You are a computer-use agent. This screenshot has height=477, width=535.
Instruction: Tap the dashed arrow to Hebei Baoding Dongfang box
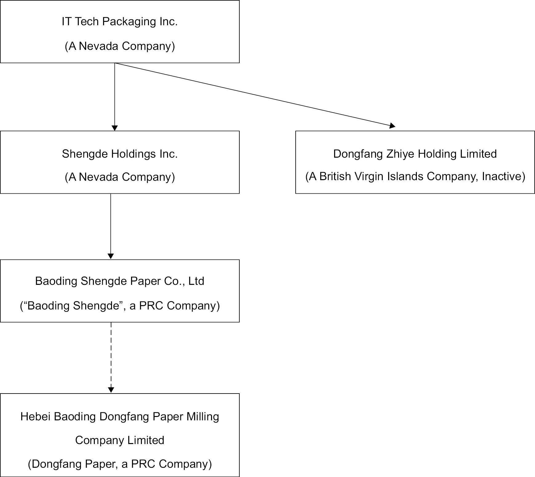111,358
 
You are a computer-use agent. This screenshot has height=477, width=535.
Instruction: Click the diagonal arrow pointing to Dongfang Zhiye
255,95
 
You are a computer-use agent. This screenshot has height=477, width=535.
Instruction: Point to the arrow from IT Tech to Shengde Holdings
115,97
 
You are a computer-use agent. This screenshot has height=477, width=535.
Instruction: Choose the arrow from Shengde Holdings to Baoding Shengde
111,226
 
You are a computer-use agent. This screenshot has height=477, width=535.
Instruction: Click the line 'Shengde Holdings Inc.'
120,154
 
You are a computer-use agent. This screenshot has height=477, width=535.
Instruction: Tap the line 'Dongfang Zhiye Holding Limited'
415,154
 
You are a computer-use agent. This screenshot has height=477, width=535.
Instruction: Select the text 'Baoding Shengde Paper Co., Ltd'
120,281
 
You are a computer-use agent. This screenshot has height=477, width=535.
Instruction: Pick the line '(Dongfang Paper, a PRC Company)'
120,464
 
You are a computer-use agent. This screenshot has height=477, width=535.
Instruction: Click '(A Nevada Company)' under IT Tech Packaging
120,46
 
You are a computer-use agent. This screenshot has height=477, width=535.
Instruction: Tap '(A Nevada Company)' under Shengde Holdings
120,177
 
